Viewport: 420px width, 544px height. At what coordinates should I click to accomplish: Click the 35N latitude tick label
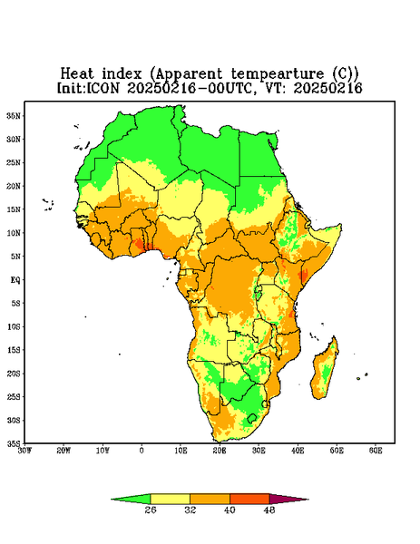pos(14,116)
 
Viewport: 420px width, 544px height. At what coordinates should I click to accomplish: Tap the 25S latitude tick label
pos(14,397)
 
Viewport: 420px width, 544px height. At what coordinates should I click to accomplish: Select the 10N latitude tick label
pos(14,233)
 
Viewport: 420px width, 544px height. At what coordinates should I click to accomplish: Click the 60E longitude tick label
pos(376,451)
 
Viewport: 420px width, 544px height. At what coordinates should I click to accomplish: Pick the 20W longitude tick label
pos(63,451)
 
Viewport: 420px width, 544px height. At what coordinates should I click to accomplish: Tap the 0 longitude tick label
pos(142,451)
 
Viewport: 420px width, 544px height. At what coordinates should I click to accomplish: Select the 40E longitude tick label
pos(298,451)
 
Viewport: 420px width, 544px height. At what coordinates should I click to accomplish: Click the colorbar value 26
pos(151,510)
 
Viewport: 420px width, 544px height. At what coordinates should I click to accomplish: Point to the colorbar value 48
pos(269,510)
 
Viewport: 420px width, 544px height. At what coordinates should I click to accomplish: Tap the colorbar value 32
pos(190,510)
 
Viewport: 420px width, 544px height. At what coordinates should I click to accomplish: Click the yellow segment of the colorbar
pos(170,499)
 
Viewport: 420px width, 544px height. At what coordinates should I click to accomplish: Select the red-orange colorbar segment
pos(249,499)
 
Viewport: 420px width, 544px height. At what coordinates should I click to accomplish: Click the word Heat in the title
pos(77,74)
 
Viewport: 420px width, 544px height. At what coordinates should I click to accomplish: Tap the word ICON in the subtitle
pos(103,88)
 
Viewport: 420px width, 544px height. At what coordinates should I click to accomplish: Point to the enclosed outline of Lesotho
pos(252,418)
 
